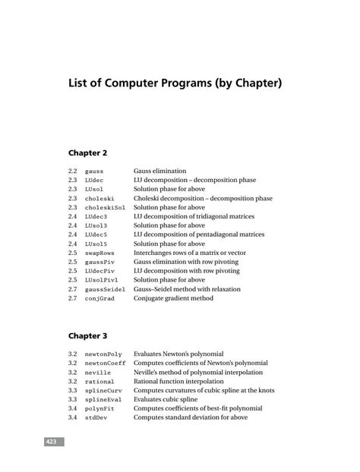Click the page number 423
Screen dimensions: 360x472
(51, 441)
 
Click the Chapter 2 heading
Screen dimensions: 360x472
(88, 153)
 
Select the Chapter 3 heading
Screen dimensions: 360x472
(88, 335)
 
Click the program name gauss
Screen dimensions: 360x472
(94, 171)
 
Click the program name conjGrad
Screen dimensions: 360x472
(99, 299)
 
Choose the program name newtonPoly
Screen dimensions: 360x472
(103, 354)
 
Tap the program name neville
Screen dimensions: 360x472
(98, 373)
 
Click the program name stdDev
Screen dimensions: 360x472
(96, 417)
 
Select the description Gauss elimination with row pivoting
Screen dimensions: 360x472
(185, 263)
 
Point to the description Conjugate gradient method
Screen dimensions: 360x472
(173, 299)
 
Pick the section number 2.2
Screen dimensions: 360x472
(72, 171)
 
